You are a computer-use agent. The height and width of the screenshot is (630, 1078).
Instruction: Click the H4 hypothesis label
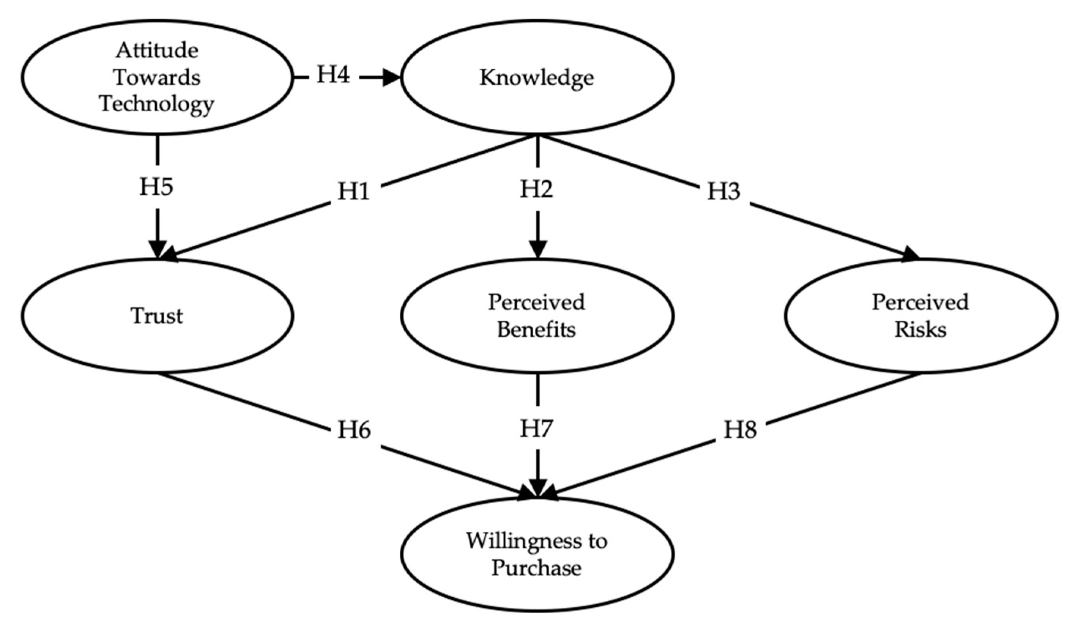[333, 75]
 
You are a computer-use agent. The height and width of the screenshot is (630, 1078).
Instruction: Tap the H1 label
[353, 192]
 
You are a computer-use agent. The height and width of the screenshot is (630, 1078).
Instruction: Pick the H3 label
[723, 192]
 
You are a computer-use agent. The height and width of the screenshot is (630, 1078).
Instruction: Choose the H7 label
[536, 428]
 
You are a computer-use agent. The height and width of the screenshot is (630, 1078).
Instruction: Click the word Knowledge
[536, 78]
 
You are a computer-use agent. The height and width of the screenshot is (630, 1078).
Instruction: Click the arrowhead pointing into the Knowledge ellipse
[391, 78]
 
